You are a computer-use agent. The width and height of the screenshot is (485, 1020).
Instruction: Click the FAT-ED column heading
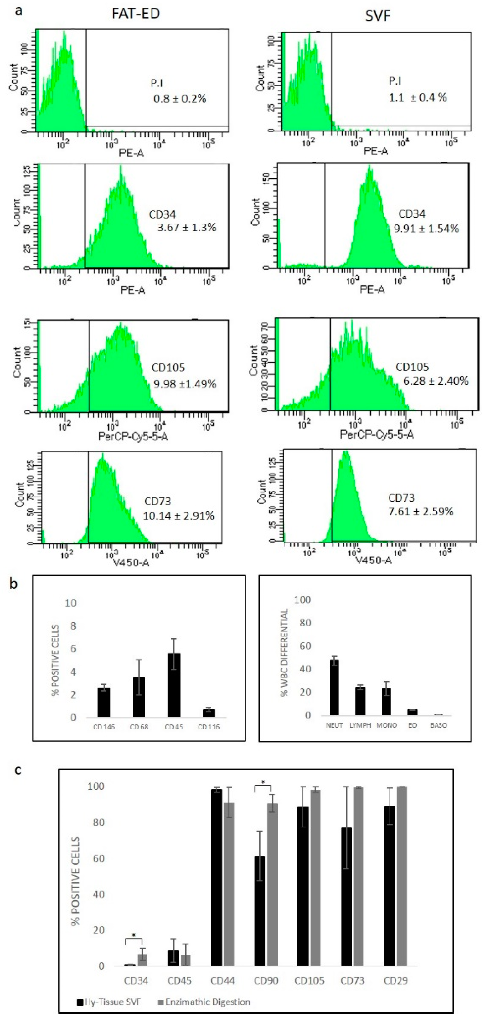coord(136,13)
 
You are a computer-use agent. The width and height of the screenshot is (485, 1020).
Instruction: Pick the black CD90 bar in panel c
coord(260,911)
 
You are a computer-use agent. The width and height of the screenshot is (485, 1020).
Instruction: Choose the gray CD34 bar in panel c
coord(142,960)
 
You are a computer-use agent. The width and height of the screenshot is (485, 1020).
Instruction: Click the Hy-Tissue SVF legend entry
coord(109,1002)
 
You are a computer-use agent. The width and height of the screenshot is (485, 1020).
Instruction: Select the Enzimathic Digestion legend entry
coord(204,1002)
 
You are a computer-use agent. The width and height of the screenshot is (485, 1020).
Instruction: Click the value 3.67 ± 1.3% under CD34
coord(187,228)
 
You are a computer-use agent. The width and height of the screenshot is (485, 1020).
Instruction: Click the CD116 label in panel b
coord(209,727)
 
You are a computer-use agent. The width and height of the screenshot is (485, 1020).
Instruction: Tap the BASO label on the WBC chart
coord(438,725)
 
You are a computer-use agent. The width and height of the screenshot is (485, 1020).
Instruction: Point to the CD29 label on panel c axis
coord(395,981)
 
